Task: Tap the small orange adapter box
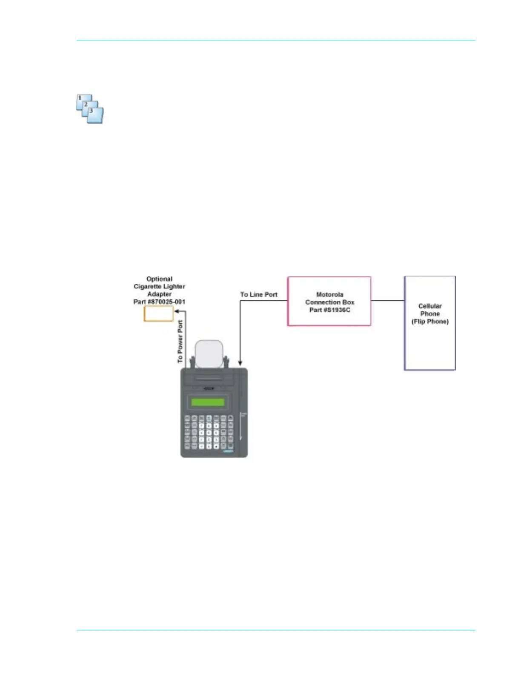158,314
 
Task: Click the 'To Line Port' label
258,294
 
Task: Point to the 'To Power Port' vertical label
180,341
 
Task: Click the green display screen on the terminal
208,402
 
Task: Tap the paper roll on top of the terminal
209,353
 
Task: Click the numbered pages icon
90,109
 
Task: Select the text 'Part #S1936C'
329,310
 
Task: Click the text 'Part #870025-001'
159,302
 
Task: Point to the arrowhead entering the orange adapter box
176,311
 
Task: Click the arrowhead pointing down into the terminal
240,363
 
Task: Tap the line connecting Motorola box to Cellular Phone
387,300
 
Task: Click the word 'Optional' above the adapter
159,279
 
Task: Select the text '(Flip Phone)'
430,321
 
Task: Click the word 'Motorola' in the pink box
329,294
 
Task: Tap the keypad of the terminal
209,432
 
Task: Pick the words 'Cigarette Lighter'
159,287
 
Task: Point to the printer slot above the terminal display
208,379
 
